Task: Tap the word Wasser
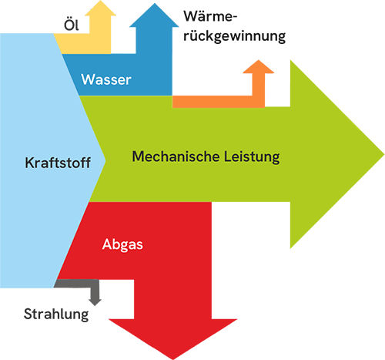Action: point(107,79)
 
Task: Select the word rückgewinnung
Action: point(234,35)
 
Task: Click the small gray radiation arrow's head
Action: point(95,300)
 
